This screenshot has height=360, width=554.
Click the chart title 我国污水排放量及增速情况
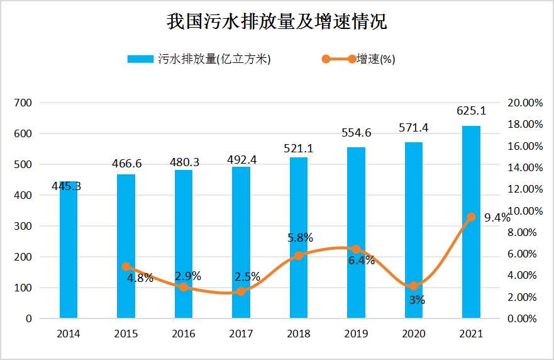[x=277, y=22]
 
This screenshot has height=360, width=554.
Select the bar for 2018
[x=299, y=239]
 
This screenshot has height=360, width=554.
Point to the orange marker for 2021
[x=471, y=217]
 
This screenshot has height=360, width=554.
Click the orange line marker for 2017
[x=241, y=291]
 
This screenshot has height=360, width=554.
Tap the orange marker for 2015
[x=126, y=267]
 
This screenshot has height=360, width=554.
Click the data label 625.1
[x=471, y=111]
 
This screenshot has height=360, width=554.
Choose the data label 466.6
[x=126, y=163]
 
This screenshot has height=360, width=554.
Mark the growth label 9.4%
[x=497, y=218]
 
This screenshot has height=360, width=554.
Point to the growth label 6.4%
[x=362, y=260]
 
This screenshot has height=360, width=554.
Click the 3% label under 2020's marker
[x=416, y=300]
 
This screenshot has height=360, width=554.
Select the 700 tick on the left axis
[x=23, y=103]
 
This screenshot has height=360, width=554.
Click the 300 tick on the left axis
[x=23, y=226]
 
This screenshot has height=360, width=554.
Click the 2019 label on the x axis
[x=356, y=334]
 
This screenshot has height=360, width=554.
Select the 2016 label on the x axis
[x=183, y=334]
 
